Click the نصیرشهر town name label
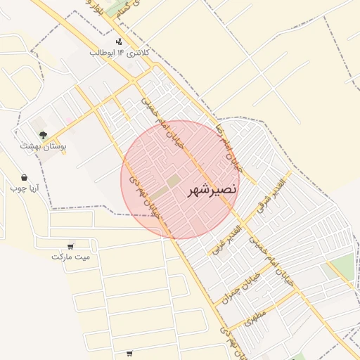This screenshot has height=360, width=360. (212, 190)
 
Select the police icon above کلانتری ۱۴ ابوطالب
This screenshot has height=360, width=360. (119, 41)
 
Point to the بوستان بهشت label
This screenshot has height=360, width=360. (42, 146)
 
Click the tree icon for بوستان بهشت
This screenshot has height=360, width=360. (43, 135)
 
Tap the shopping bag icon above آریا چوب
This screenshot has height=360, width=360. (25, 178)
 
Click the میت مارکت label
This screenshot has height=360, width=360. (71, 257)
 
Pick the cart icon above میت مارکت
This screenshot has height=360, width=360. (70, 246)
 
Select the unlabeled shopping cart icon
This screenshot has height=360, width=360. (129, 353)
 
